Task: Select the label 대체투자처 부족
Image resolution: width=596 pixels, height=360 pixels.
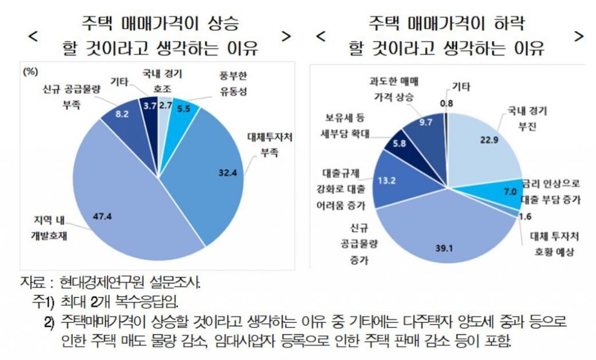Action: tap(269, 145)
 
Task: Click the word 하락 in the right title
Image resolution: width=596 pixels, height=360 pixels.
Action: tap(503, 24)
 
